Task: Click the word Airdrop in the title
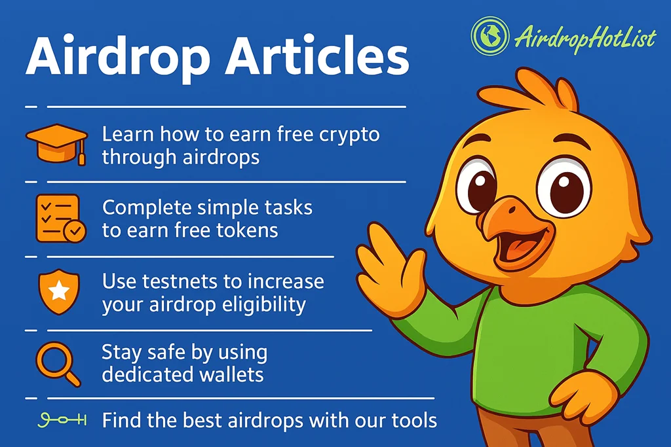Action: pyautogui.click(x=119, y=57)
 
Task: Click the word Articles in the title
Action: pyautogui.click(x=317, y=56)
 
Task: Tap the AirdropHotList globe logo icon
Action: pyautogui.click(x=490, y=36)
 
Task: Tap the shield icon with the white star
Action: pyautogui.click(x=59, y=291)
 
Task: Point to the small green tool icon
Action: pyautogui.click(x=62, y=420)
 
